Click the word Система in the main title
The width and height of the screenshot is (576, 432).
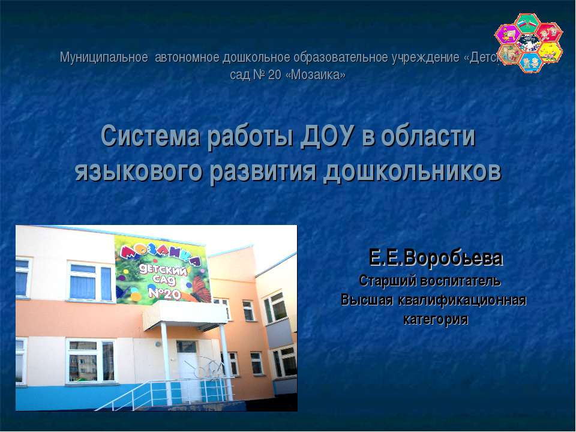(140, 137)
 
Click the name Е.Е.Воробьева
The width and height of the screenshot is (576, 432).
(436, 259)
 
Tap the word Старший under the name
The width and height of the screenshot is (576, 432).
(386, 280)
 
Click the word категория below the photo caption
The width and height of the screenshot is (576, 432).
(436, 319)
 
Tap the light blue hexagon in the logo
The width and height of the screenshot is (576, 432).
(530, 61)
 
